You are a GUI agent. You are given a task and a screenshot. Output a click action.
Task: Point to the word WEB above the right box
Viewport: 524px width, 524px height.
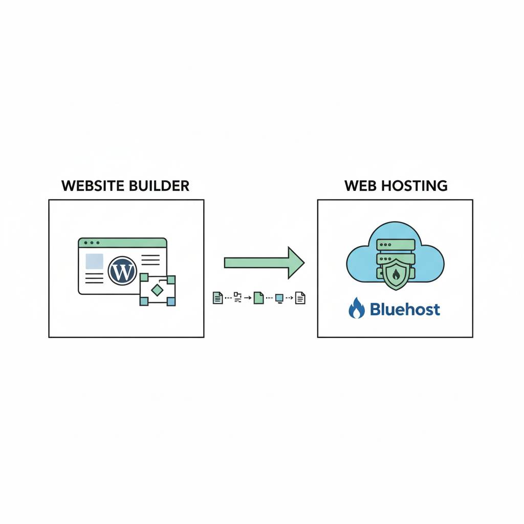pyautogui.click(x=360, y=185)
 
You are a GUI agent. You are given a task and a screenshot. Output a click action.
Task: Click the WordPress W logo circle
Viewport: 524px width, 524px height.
pyautogui.click(x=122, y=271)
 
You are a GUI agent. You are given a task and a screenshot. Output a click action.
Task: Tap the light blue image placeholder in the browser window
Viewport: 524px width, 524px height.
pyautogui.click(x=94, y=261)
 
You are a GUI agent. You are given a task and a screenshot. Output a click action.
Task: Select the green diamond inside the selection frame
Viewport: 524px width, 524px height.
pyautogui.click(x=158, y=290)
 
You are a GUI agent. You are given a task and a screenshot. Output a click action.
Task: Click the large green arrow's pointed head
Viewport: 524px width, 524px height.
pyautogui.click(x=296, y=263)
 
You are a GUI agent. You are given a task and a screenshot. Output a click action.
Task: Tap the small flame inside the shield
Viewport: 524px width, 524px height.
pyautogui.click(x=396, y=275)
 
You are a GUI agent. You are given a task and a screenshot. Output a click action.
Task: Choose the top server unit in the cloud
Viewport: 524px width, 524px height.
pyautogui.click(x=395, y=246)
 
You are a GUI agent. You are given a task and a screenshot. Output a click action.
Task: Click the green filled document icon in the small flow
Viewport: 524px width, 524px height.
pyautogui.click(x=258, y=298)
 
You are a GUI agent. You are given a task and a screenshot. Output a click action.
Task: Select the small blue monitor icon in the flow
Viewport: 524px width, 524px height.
pyautogui.click(x=279, y=298)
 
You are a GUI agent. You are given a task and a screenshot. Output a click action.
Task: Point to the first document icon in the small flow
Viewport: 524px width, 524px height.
pyautogui.click(x=217, y=298)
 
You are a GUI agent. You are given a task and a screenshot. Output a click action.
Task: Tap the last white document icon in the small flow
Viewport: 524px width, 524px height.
pyautogui.click(x=300, y=298)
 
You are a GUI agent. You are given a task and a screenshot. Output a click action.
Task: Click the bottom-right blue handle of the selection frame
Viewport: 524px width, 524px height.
pyautogui.click(x=171, y=302)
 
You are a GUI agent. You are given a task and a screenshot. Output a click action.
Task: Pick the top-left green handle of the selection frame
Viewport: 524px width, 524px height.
pyautogui.click(x=144, y=278)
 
